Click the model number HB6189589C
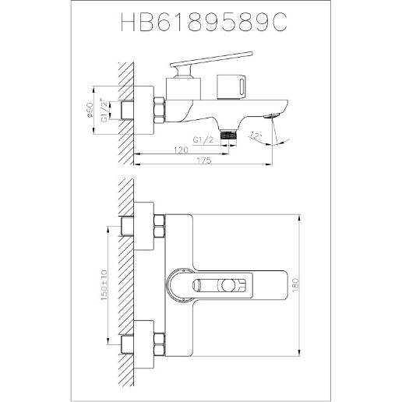(201, 24)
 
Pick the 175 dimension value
(204, 161)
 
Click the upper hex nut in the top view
(159, 229)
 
